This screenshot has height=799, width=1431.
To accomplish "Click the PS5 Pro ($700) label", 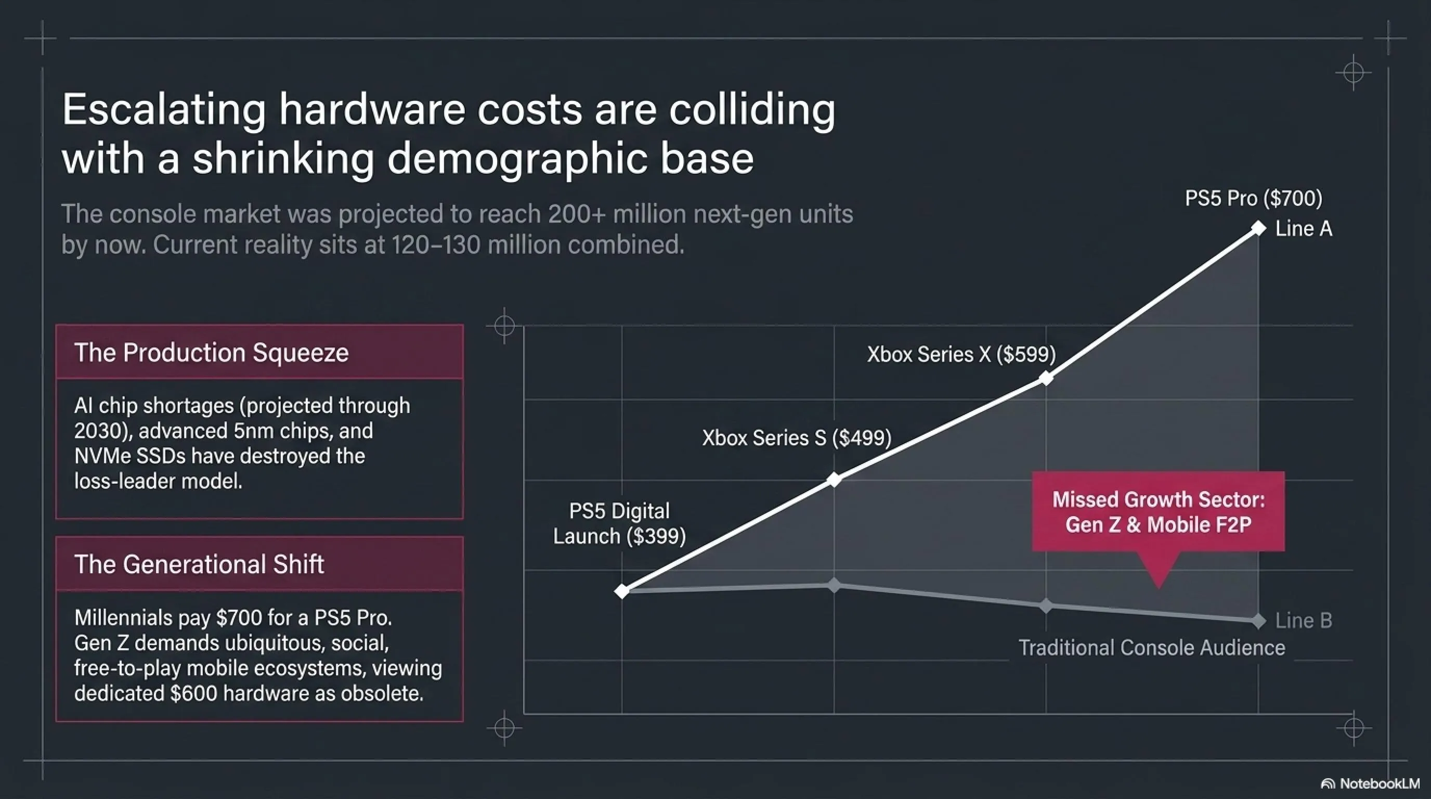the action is (x=1253, y=198).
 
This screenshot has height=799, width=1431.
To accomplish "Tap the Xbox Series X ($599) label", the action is (x=961, y=354).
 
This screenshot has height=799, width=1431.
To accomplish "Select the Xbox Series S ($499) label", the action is (x=797, y=438).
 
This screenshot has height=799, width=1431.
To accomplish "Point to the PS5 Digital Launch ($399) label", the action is (x=619, y=523).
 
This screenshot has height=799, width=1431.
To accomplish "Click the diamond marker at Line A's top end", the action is (x=1258, y=228).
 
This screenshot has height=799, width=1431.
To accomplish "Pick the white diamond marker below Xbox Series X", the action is (x=1046, y=378).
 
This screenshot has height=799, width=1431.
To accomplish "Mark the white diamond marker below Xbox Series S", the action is (x=834, y=480).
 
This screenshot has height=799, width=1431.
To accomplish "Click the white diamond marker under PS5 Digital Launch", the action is (x=621, y=590).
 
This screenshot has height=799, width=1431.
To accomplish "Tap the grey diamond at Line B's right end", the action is (x=1258, y=621).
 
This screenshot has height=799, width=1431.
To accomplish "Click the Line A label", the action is (x=1303, y=229).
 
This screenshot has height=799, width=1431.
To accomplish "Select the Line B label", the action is (x=1303, y=621).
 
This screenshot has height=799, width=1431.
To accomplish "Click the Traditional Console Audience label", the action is (x=1152, y=648).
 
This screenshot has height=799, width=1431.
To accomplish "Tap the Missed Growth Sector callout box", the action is (x=1158, y=512).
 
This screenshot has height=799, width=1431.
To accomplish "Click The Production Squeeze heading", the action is (x=211, y=352).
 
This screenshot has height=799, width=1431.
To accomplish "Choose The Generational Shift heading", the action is (x=199, y=564).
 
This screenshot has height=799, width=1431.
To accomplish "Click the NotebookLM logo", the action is (x=1370, y=783).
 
